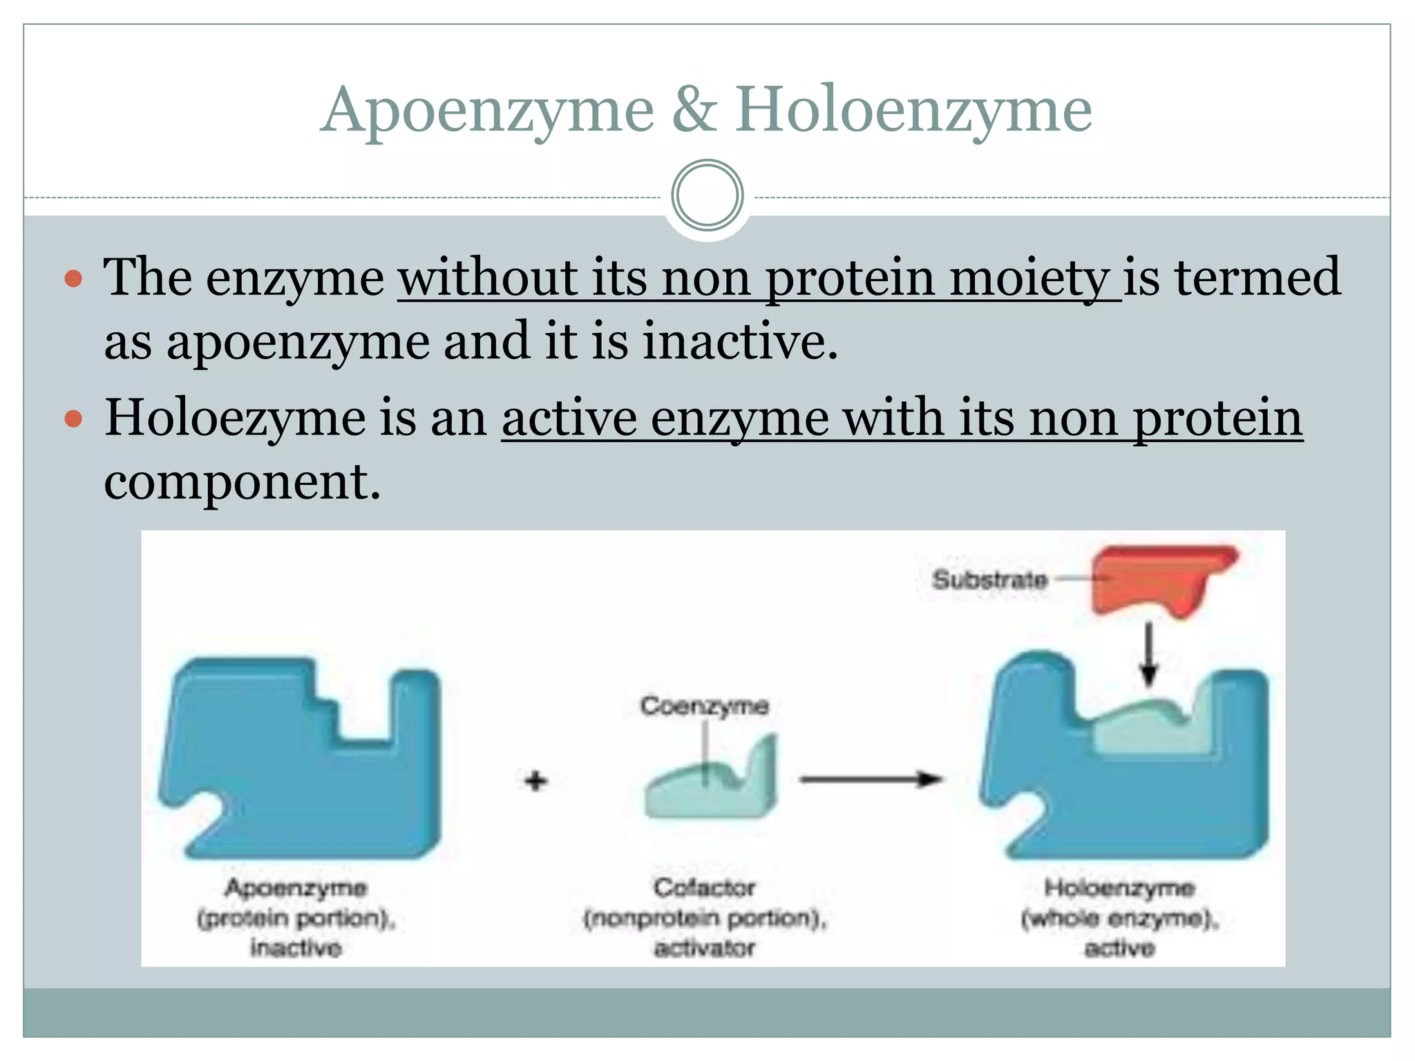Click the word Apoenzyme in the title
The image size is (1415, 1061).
point(487,111)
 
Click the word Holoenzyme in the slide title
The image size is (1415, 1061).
point(913,111)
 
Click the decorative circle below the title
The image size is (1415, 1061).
point(707,195)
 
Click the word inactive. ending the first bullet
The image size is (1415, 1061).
point(740,341)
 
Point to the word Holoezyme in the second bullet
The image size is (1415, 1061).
point(235,418)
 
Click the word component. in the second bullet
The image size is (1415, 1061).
point(242,481)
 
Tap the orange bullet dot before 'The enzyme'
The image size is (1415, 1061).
point(73,279)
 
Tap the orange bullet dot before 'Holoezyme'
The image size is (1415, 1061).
point(73,419)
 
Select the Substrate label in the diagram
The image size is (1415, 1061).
point(989,579)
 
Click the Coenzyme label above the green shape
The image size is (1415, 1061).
point(704,705)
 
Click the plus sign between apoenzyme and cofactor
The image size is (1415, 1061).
point(535,781)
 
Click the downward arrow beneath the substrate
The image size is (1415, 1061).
point(1148,653)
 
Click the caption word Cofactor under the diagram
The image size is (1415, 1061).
point(704,887)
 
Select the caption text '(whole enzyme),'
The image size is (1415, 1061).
point(1119,918)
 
